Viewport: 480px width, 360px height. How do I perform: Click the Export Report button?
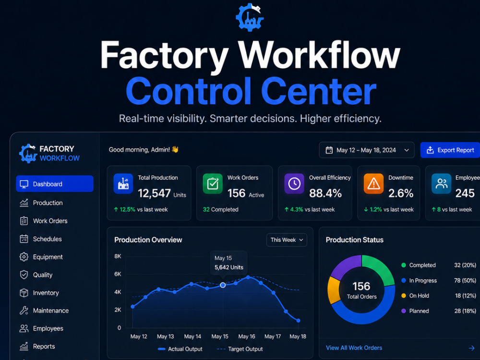click(x=450, y=150)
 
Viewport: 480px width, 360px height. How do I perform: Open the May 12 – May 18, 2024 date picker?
click(x=366, y=150)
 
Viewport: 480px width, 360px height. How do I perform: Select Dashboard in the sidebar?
click(x=55, y=184)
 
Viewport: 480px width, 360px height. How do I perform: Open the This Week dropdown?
click(x=287, y=240)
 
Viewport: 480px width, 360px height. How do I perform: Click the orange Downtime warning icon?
click(x=373, y=184)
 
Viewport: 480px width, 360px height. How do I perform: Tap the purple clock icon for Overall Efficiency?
click(x=294, y=184)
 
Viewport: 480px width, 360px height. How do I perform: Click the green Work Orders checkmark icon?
click(x=213, y=184)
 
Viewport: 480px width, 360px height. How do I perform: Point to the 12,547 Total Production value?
click(x=154, y=193)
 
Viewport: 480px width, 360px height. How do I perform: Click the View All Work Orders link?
click(x=354, y=348)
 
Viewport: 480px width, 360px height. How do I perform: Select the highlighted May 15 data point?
click(x=223, y=285)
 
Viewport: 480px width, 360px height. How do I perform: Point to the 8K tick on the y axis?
click(x=118, y=256)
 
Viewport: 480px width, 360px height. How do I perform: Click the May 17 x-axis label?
click(x=273, y=336)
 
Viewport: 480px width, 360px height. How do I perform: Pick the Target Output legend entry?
click(x=240, y=349)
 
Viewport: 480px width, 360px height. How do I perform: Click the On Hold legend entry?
click(x=415, y=296)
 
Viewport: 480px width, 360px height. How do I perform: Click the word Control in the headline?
click(x=188, y=91)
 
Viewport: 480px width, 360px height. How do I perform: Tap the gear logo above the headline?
click(x=250, y=17)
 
